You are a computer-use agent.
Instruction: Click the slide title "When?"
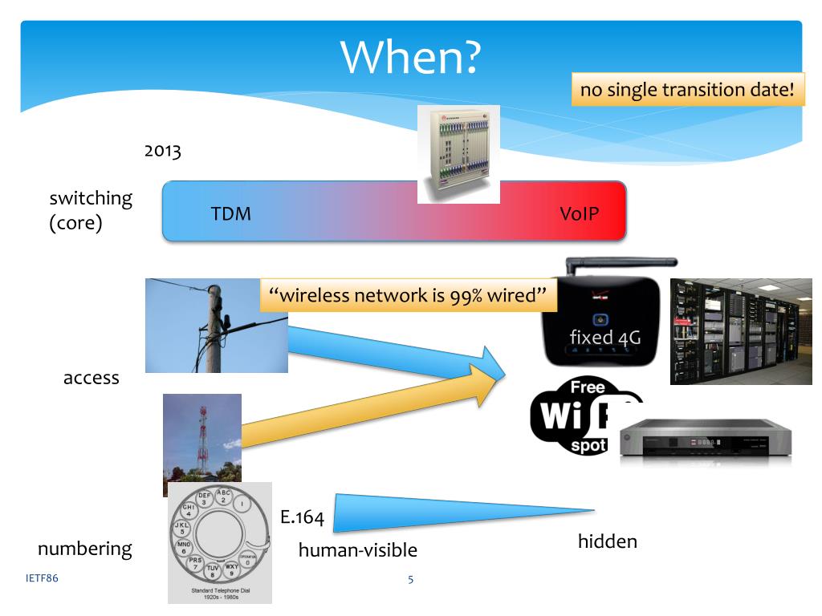coord(410,56)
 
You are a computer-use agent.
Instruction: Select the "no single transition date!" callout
coord(687,89)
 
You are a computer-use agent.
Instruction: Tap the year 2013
coord(163,151)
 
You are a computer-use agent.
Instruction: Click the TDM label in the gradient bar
coord(231,213)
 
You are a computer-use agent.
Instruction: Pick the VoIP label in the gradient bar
coord(580,213)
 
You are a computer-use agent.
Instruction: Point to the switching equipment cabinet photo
coord(458,153)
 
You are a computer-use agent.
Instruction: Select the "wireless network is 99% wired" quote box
coord(409,295)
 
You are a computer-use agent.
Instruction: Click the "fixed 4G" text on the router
coord(604,337)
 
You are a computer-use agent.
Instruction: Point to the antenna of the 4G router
coord(622,263)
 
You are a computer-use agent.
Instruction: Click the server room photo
coord(741,331)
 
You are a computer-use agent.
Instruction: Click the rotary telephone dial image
coord(219,541)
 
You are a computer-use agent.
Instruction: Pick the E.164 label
coord(302,518)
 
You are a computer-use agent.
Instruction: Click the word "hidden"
coord(607,541)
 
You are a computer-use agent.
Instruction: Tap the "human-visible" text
coord(358,550)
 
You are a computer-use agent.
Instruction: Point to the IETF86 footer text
coord(42,577)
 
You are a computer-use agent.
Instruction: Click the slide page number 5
coord(411,579)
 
